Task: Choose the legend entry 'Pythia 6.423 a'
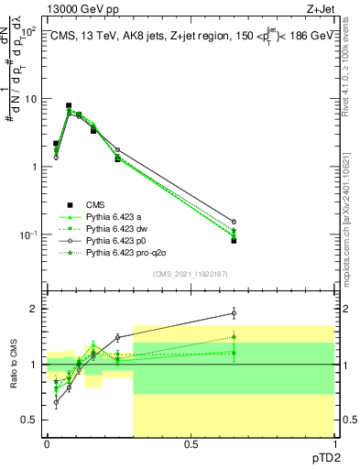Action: pyautogui.click(x=115, y=216)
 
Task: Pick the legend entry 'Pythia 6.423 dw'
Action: pyautogui.click(x=117, y=228)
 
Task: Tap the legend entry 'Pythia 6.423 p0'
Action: pyautogui.click(x=117, y=240)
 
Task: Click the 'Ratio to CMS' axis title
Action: pyautogui.click(x=14, y=364)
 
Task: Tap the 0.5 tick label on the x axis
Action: pyautogui.click(x=190, y=442)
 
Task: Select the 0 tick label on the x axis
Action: pyautogui.click(x=47, y=442)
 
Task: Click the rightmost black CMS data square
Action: pyautogui.click(x=234, y=241)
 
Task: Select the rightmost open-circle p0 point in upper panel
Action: pyautogui.click(x=234, y=222)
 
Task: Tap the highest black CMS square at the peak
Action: pyautogui.click(x=69, y=106)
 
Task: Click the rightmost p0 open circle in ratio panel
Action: pyautogui.click(x=234, y=313)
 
